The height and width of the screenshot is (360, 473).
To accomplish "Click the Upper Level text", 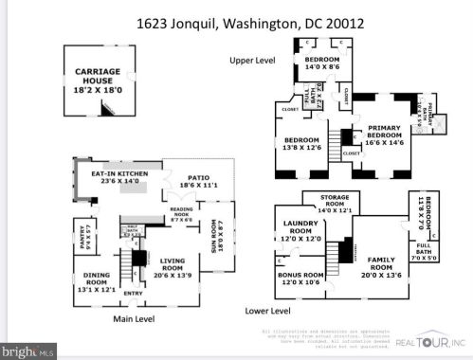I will point(253,60).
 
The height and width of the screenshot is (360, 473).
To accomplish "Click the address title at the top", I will point(236,18).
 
